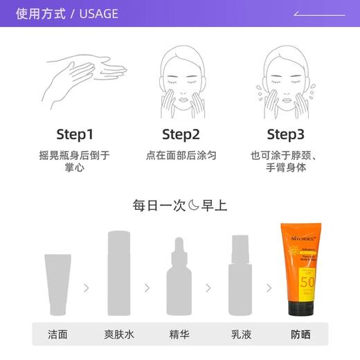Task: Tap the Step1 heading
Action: tap(75, 134)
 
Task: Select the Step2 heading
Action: tap(181, 134)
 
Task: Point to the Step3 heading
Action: tap(285, 134)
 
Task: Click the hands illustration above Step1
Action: tap(75, 80)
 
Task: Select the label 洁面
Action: tap(58, 334)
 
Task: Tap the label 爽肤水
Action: tap(120, 334)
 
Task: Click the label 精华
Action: tap(179, 334)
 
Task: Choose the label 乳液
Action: tap(240, 334)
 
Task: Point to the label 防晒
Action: tap(300, 334)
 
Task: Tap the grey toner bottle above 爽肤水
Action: tap(120, 273)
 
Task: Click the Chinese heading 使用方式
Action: tap(41, 13)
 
